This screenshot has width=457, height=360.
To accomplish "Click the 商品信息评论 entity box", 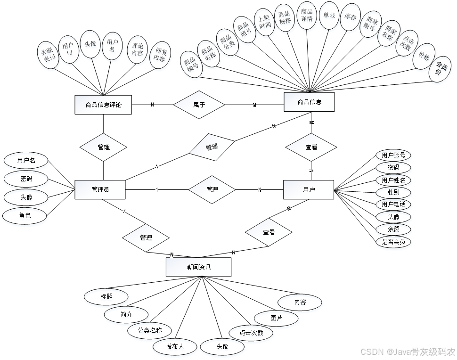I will point(103,105).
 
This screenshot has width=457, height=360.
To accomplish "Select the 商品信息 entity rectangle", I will point(309,102).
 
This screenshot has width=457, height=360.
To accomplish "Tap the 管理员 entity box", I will point(100,189).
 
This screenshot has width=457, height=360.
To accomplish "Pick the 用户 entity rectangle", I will point(309,189).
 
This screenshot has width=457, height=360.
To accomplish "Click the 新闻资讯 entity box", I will point(198,267).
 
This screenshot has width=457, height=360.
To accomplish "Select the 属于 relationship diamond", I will point(199,105).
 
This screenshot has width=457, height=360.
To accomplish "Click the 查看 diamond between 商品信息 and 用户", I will point(311,147).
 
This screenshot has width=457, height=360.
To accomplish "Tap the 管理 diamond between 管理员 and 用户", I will point(212,189).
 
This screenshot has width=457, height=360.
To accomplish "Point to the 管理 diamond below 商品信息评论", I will point(103,147).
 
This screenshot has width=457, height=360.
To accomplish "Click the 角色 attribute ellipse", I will point(25,217).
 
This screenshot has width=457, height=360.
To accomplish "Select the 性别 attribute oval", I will point(393,193).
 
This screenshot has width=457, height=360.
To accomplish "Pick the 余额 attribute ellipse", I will point(393,230).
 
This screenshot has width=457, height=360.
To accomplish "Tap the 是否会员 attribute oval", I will point(393,243).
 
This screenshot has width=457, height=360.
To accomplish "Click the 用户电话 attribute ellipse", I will point(393,205).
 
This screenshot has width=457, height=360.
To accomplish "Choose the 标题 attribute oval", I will point(106,297).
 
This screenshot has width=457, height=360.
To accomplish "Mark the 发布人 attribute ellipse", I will point(175,348).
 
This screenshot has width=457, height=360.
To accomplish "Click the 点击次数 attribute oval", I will point(251,334).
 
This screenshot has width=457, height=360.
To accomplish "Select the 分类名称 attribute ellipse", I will point(150,331).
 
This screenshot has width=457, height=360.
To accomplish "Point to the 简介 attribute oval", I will point(126,315).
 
